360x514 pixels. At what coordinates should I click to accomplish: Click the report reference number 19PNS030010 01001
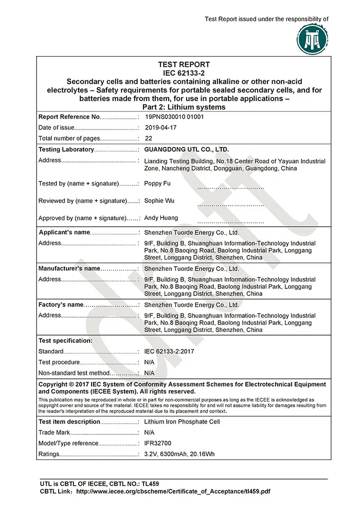[x=174, y=117]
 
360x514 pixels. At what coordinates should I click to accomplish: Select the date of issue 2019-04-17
[x=160, y=128]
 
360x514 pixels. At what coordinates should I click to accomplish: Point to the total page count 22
[x=148, y=138]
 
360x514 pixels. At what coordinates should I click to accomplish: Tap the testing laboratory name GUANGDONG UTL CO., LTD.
[x=186, y=150]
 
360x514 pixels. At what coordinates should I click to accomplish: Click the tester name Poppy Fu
[x=157, y=183]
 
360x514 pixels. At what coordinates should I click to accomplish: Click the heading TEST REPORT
[x=184, y=65]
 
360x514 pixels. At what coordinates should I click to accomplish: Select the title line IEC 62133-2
[x=184, y=73]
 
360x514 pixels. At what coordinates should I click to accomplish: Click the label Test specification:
[x=65, y=341]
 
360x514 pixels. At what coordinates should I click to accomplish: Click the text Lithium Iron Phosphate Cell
[x=182, y=422]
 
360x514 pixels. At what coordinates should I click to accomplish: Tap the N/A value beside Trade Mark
[x=149, y=433]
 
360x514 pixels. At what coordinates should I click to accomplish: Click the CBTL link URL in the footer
[x=173, y=491]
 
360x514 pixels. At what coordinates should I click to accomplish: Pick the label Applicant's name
[x=65, y=232]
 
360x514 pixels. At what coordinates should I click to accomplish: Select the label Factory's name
[x=61, y=305]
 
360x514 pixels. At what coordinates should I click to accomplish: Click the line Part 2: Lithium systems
[x=184, y=107]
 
